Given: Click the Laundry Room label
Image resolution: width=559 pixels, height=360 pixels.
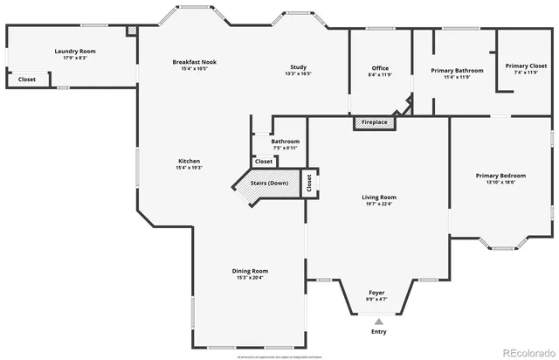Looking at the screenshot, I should coord(74,52).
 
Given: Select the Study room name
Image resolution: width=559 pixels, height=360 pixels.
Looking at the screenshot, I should coord(299,67).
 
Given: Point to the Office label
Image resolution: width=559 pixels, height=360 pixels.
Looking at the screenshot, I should coord(379,68).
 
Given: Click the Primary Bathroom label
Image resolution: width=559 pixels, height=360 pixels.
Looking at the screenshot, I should coord(451,70).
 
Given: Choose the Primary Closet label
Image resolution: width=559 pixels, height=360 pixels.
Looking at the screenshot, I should coord(525,66).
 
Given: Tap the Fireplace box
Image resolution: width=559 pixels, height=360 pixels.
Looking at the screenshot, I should coord(375,122).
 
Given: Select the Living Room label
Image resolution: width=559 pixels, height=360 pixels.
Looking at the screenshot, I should coord(379,197).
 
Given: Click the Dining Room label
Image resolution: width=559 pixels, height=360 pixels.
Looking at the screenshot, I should coord(250,270).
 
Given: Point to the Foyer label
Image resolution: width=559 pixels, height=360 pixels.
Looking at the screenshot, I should coord(376,292).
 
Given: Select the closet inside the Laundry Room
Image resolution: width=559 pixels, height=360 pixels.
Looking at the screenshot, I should coord(27,80).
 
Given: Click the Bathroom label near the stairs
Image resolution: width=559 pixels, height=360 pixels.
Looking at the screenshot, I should coord(285,142).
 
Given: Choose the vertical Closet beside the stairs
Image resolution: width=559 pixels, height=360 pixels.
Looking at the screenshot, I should coord(308,183).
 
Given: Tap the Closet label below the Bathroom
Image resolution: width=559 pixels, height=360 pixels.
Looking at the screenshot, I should coord(263,162).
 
